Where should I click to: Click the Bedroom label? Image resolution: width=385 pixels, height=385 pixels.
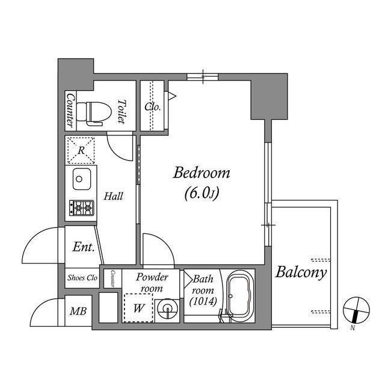click(202, 174)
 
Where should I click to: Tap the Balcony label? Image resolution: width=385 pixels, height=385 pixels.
click(301, 273)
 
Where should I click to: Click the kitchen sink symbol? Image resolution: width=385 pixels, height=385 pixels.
click(81, 179)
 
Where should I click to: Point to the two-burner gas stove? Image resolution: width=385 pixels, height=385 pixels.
click(81, 208)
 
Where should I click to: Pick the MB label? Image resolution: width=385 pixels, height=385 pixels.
click(77, 312)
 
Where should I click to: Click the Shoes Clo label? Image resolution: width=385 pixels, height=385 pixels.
click(82, 277)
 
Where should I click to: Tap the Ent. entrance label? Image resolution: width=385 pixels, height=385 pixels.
click(83, 247)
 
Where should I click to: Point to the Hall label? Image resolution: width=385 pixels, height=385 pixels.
click(113, 196)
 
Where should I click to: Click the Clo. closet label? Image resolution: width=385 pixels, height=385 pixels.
click(152, 106)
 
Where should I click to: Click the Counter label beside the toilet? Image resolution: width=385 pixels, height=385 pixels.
click(70, 109)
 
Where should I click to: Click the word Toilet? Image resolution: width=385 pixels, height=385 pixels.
click(122, 112)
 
